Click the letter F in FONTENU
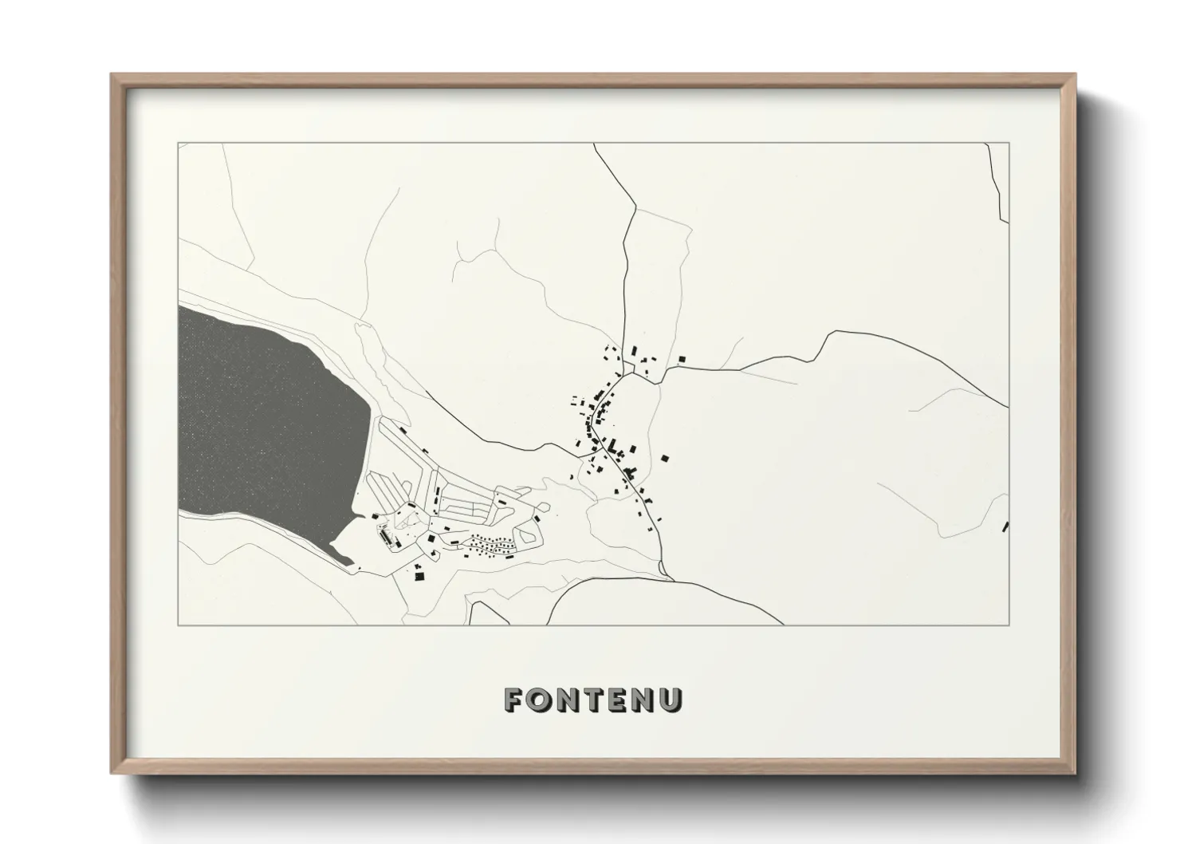coord(513,700)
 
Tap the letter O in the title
coord(538,700)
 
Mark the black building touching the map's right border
coord(1005,526)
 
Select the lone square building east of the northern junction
coord(682,360)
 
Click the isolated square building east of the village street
coord(664,458)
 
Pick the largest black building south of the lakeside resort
coord(419,575)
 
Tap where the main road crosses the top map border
coord(594,144)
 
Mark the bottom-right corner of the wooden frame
coord(1074,773)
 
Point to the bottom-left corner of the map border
coord(179,625)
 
